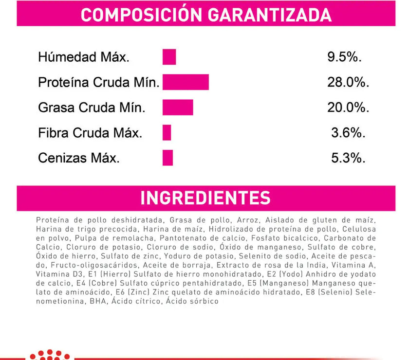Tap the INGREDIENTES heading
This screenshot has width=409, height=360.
point(205,198)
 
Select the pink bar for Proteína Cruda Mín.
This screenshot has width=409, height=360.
point(186,82)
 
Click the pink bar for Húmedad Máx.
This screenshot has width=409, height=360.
point(169,57)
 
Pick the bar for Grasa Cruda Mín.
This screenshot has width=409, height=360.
point(178,107)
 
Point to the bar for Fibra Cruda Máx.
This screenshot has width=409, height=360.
point(167,132)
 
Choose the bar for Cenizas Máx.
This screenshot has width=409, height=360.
point(167,158)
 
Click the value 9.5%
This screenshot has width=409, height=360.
point(344,57)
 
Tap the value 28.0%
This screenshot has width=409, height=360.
point(348,83)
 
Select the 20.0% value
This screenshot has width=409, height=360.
point(348,108)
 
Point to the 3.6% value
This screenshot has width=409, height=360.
point(348,133)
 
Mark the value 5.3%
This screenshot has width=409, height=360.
point(348,158)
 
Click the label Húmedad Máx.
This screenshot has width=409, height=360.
point(84,57)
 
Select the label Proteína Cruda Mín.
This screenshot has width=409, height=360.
point(99,83)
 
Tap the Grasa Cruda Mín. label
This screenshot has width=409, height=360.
point(92,108)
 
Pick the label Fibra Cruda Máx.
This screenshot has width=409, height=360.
point(90,133)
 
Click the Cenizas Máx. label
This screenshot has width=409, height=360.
point(78,158)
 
